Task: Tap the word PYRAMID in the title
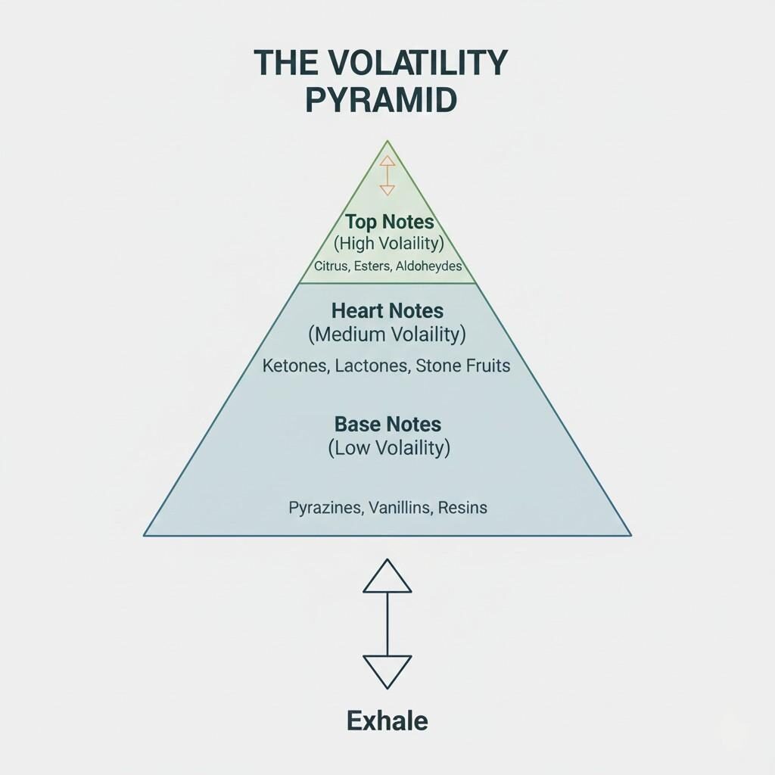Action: [x=381, y=101]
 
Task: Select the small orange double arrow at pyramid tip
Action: [x=387, y=176]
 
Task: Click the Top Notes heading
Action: [x=389, y=222]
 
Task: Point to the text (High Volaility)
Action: [x=388, y=244]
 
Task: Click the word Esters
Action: [x=373, y=266]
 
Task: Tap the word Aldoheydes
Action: [x=429, y=266]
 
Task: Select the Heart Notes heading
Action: [x=387, y=310]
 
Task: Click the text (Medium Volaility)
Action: [x=387, y=334]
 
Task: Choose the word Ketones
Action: [x=295, y=366]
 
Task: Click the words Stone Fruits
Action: [x=464, y=366]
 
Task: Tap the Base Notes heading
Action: [x=387, y=423]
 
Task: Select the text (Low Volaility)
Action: [x=389, y=447]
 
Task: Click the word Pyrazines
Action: [x=325, y=507]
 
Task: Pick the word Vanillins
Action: [x=399, y=507]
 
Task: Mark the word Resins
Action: [x=463, y=507]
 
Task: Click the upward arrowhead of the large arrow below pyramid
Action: [x=387, y=577]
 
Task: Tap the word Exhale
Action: [x=387, y=721]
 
